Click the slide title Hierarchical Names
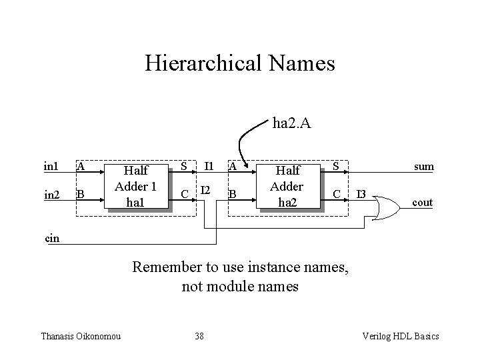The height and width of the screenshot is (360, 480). [x=239, y=64]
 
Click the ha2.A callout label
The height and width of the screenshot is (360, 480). [x=291, y=123]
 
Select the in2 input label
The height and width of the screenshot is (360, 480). [x=51, y=195]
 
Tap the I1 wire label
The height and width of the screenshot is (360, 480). [x=209, y=166]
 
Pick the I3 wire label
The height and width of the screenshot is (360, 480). [x=361, y=195]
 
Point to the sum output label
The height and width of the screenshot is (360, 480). [x=423, y=166]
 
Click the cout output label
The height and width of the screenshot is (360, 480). [x=422, y=203]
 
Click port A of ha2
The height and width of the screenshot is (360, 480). [x=233, y=166]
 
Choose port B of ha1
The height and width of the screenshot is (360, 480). [x=80, y=195]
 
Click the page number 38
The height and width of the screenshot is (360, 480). [x=199, y=336]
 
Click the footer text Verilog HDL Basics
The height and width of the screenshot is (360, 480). [x=399, y=336]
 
